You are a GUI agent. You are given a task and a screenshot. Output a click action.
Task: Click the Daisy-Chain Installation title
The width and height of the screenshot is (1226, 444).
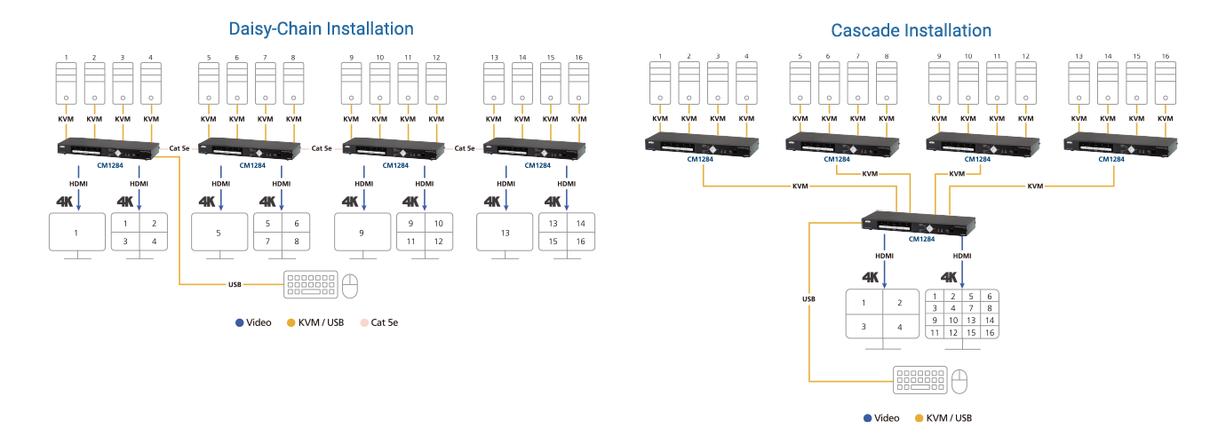click(x=321, y=28)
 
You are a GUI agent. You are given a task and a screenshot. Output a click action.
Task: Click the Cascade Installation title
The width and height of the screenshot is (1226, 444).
click(x=911, y=30)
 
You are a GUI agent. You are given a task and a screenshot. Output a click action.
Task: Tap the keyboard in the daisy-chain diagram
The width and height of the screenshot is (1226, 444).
click(x=310, y=284)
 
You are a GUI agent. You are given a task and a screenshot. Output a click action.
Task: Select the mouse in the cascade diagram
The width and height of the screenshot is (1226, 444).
click(x=959, y=382)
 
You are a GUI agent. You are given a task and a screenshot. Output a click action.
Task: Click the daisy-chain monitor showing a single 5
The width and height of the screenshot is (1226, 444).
click(x=220, y=234)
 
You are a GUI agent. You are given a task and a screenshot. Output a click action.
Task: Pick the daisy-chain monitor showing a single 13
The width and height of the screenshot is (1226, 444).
click(x=506, y=234)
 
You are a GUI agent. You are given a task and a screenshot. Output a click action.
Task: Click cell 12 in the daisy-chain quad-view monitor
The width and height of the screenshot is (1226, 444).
click(x=438, y=242)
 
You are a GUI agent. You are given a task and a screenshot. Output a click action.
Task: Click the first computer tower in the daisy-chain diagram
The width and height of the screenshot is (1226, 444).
click(x=67, y=85)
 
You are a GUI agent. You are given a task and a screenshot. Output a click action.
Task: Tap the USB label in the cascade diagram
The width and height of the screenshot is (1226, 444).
click(x=808, y=299)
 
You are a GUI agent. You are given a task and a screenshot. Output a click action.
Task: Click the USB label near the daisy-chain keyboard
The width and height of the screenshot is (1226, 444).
click(x=235, y=285)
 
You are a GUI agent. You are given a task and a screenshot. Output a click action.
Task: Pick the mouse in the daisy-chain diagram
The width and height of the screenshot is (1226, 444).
click(x=350, y=285)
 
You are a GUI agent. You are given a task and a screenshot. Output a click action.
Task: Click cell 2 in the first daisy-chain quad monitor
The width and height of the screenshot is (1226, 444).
click(x=154, y=225)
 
